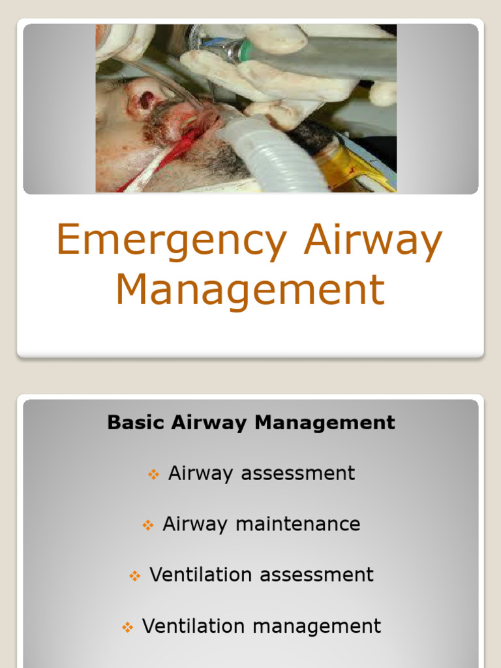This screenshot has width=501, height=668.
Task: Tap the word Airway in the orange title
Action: (x=372, y=241)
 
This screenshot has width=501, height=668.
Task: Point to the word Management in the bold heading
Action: (x=325, y=423)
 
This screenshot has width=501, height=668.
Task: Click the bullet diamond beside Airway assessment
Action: (x=154, y=474)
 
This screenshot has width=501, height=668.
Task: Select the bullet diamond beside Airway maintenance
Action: (x=148, y=525)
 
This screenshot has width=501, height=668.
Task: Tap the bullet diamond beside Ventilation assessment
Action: (x=135, y=576)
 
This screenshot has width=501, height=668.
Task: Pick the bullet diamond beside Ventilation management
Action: (x=128, y=627)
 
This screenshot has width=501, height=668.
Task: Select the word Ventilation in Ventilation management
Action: (x=194, y=626)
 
